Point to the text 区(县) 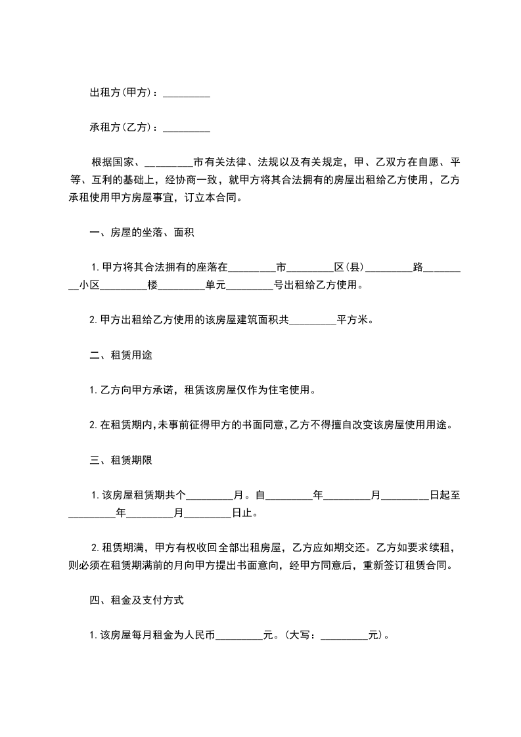(x=350, y=267)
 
